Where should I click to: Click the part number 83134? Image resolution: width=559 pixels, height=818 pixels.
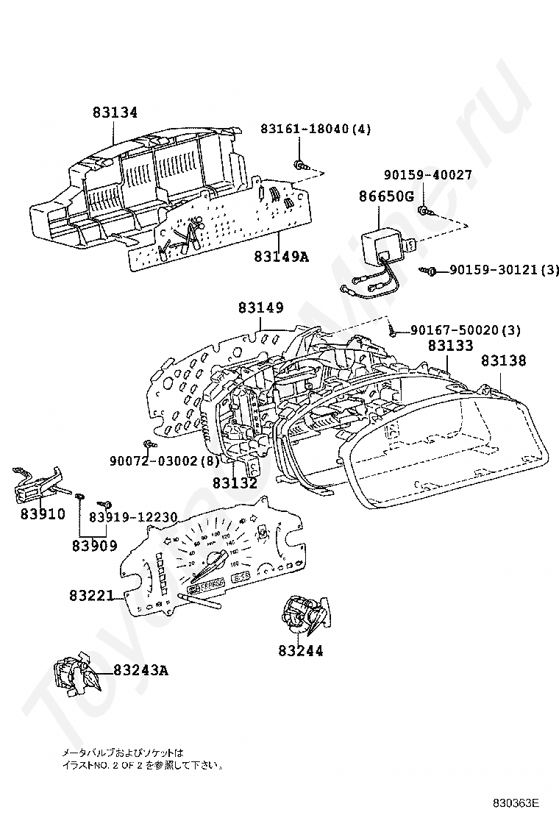[x=115, y=113]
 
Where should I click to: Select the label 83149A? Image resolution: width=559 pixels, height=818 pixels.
[x=281, y=257]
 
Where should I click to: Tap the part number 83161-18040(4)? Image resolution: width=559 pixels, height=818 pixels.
[x=316, y=129]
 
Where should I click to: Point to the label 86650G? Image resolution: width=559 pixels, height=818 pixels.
[x=387, y=196]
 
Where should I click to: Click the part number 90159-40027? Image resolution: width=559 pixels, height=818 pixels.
[x=428, y=175]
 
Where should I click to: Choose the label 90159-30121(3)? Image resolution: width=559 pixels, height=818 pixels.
[x=504, y=271]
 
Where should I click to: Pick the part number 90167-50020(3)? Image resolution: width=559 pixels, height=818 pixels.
[x=466, y=330]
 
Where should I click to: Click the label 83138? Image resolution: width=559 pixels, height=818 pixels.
[x=504, y=360]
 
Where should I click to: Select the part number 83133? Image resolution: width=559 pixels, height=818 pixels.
[x=451, y=344]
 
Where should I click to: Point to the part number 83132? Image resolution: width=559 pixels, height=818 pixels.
[x=235, y=483]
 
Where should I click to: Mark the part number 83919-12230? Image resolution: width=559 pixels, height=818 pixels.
[x=133, y=518]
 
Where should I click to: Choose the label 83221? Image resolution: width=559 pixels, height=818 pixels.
[x=92, y=595]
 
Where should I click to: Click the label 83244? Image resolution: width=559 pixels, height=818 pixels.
[x=301, y=651]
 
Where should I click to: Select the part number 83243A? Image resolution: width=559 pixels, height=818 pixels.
[x=141, y=670]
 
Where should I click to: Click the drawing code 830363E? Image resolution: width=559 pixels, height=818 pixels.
[x=516, y=802]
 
